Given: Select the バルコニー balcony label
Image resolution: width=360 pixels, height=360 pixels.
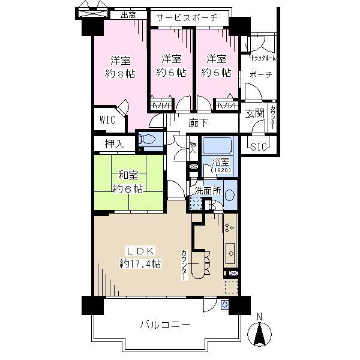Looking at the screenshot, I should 165,325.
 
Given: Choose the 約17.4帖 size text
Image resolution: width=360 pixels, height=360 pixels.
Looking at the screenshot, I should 140,263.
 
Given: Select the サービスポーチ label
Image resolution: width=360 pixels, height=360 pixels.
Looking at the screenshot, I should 188,18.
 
